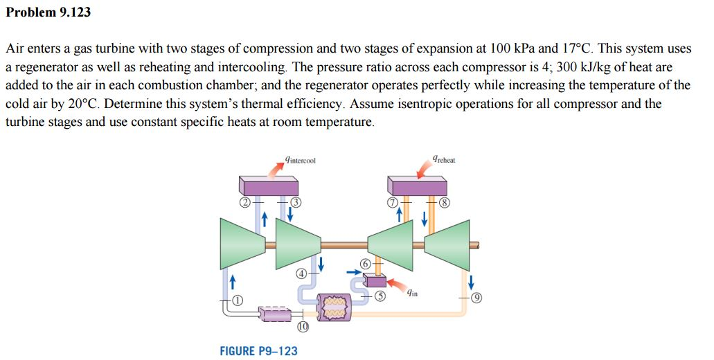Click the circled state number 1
(238, 300)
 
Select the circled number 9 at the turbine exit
(476, 299)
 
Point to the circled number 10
(302, 326)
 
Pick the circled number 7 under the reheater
(392, 203)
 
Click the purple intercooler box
(270, 185)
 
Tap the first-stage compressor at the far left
(242, 242)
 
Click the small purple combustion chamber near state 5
(375, 280)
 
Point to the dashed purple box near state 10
(276, 315)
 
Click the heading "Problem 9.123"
(48, 12)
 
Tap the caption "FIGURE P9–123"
(258, 351)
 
